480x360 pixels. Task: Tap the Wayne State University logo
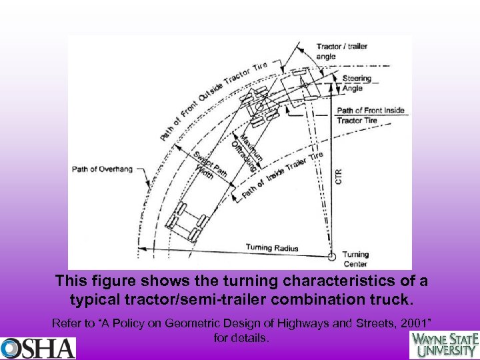click(443, 345)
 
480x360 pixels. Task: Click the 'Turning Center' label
click(355, 259)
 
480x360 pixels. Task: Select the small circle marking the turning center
click(332, 255)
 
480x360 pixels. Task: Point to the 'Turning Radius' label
click(272, 248)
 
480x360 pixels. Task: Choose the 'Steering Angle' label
click(357, 83)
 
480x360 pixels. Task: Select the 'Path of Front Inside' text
click(371, 110)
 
